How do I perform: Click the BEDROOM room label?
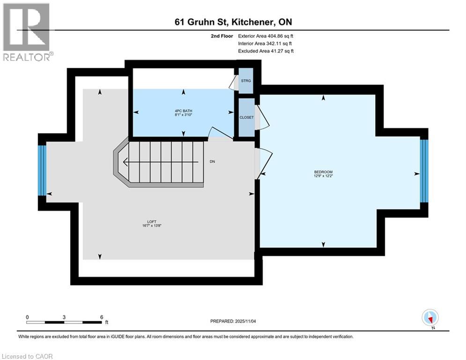[x=323, y=172]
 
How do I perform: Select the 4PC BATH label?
[x=182, y=111]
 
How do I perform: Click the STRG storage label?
[x=245, y=81]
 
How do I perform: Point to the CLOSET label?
[x=246, y=117]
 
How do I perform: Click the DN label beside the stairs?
[x=212, y=161]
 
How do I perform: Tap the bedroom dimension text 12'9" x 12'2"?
[x=323, y=177]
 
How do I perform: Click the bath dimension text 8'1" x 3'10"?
[x=182, y=115]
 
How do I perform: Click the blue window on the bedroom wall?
[x=424, y=171]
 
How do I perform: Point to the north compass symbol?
[x=429, y=317]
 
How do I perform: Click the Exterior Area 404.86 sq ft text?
[x=266, y=36]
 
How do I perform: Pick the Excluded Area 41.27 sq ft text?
[x=266, y=51]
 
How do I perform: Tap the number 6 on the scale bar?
[x=101, y=317]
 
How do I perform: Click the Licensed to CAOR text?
[x=27, y=356]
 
